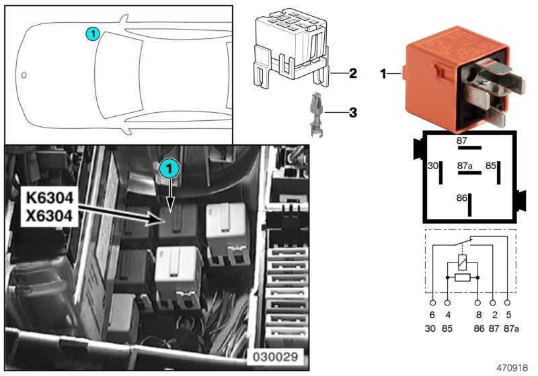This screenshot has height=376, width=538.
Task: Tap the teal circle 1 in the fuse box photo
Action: (169, 169)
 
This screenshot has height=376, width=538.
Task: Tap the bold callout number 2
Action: (352, 73)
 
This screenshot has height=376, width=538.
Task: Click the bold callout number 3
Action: (352, 113)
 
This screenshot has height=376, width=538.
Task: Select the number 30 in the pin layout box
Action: (433, 164)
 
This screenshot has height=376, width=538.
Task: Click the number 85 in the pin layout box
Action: (492, 164)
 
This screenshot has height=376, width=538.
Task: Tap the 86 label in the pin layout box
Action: (462, 198)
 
